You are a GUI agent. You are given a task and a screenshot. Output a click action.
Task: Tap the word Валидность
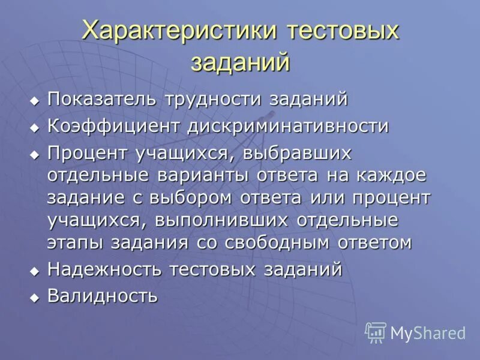[103, 296]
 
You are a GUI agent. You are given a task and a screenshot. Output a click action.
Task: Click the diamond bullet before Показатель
[35, 100]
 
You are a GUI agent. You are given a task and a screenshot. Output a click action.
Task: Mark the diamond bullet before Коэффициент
[35, 128]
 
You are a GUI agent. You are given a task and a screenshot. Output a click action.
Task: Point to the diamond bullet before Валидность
[35, 297]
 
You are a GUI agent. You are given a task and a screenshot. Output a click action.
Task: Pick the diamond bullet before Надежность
[35, 271]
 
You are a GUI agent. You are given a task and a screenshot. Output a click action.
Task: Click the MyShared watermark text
[428, 333]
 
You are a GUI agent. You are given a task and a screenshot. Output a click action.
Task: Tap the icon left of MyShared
[376, 332]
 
